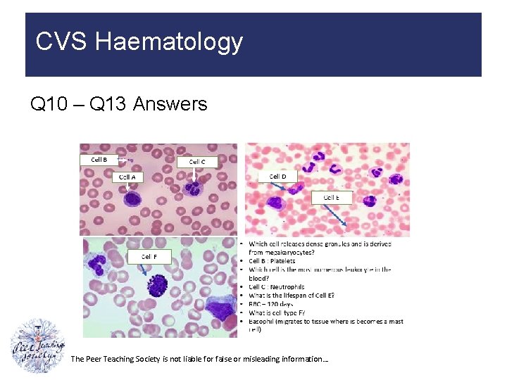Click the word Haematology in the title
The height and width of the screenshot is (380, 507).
point(169,42)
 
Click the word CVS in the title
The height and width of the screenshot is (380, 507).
point(62,42)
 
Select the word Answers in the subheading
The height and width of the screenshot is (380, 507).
point(170,105)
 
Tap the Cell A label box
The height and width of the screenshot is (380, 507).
point(127,177)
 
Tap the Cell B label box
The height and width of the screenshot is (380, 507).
point(99,159)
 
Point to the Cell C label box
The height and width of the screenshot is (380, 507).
point(198,161)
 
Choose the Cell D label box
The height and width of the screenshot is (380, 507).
point(277,176)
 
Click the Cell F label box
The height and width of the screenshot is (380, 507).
point(149,257)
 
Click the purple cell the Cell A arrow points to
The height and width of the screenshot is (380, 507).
point(132,198)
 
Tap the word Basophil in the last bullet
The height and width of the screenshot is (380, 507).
point(263,321)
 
